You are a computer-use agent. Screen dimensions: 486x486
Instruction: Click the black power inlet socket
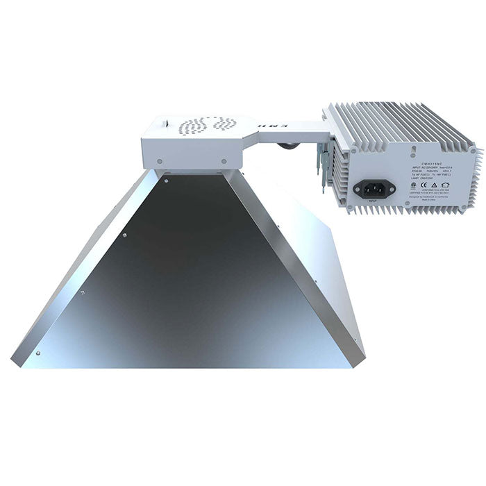pyautogui.click(x=375, y=187)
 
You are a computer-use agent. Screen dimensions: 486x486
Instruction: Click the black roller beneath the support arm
pyautogui.click(x=287, y=146)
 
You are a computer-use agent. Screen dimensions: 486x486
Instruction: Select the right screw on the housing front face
pyautogui.click(x=224, y=160)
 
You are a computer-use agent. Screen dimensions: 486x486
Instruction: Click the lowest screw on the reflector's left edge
pyautogui.click(x=39, y=353)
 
